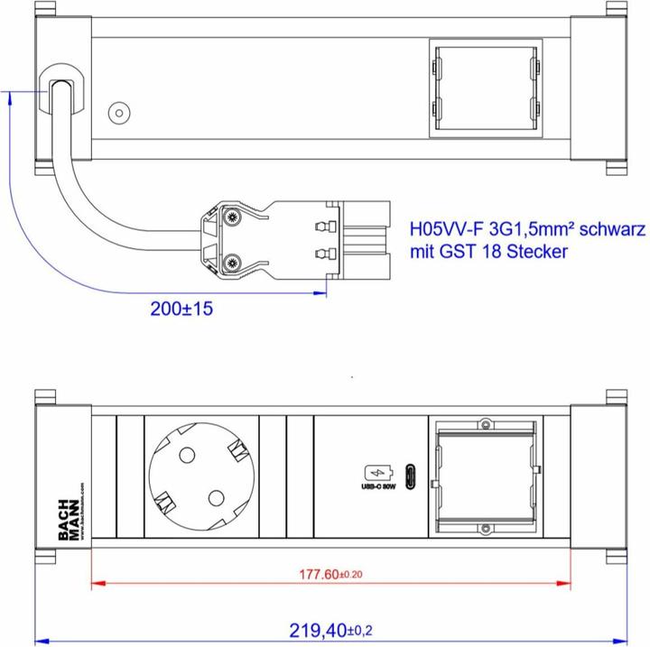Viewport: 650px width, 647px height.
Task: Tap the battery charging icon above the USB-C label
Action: [376, 472]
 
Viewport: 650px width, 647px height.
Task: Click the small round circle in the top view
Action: [118, 114]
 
